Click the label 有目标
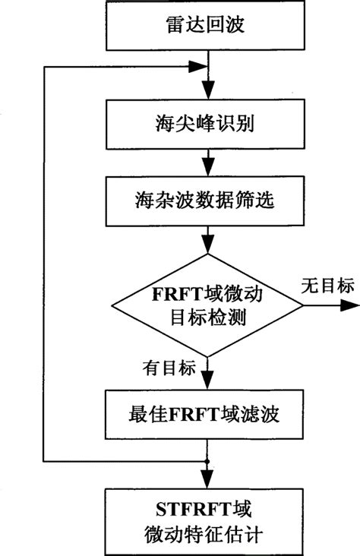(169, 367)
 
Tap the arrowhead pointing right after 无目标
(351, 306)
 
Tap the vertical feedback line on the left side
(45, 266)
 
